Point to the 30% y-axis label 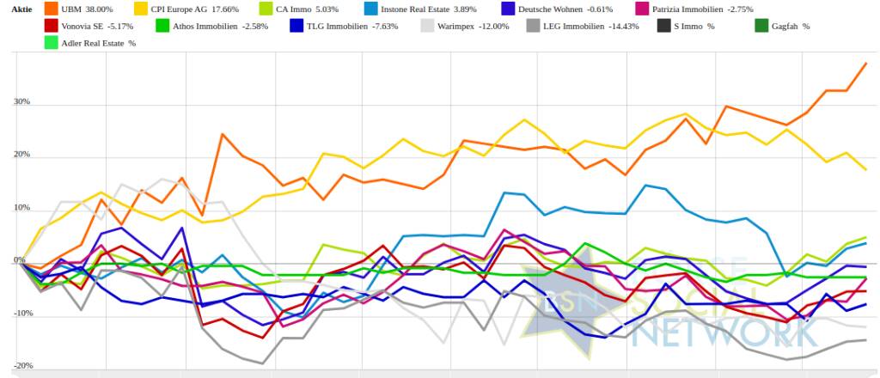click(21, 102)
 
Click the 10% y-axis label click(21, 209)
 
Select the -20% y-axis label click(21, 366)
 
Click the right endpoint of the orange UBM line click(865, 64)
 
